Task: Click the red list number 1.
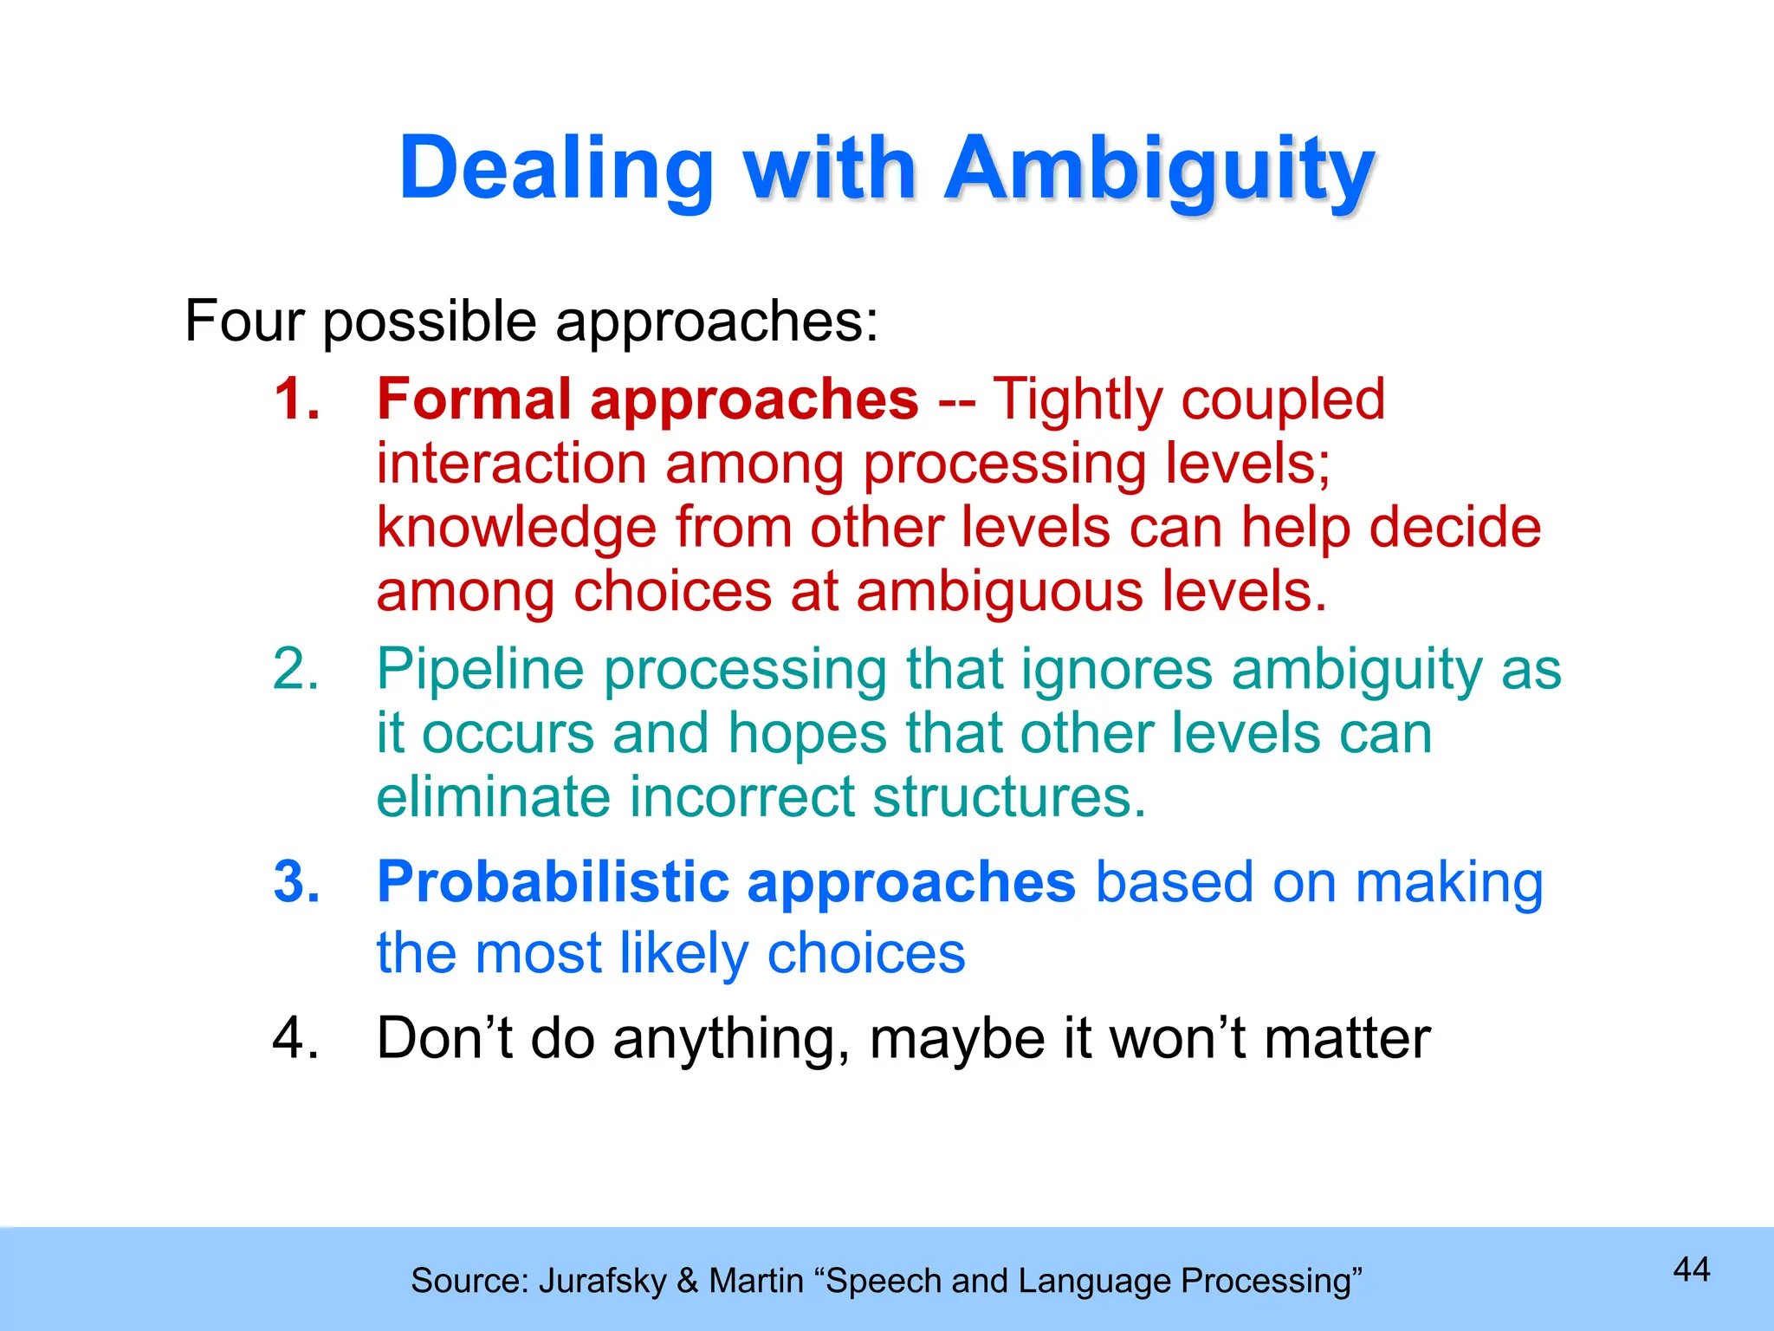pyautogui.click(x=295, y=399)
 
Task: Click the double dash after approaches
pyautogui.click(x=955, y=401)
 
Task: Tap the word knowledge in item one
pyautogui.click(x=516, y=529)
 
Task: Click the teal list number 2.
pyautogui.click(x=295, y=670)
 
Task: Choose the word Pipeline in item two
pyautogui.click(x=481, y=670)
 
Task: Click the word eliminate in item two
pyautogui.click(x=493, y=797)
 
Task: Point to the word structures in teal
pyautogui.click(x=1009, y=797)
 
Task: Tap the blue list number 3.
pyautogui.click(x=295, y=883)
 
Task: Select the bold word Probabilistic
pyautogui.click(x=553, y=883)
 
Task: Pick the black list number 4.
pyautogui.click(x=295, y=1038)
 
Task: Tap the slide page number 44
pyautogui.click(x=1691, y=1270)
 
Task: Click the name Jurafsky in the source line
pyautogui.click(x=603, y=1282)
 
